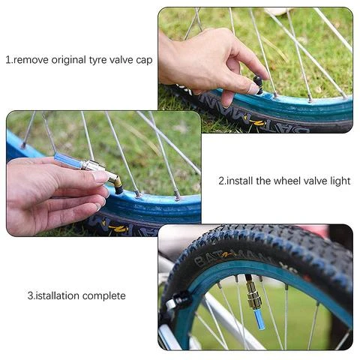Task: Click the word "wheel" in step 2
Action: [x=280, y=181]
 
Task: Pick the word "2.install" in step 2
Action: [x=238, y=181]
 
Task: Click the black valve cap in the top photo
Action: [x=258, y=80]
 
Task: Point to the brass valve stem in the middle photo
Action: [x=113, y=181]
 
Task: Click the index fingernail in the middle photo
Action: [x=99, y=177]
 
